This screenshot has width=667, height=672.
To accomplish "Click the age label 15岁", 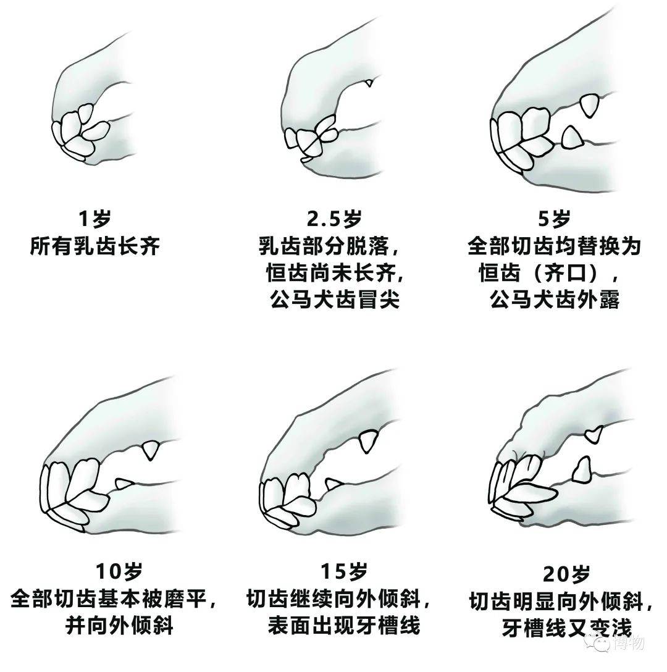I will [343, 571].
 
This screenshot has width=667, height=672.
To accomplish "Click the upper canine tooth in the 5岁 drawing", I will [591, 105].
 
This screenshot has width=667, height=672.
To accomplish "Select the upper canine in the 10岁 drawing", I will [149, 449].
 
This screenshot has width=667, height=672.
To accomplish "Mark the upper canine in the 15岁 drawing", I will [367, 441].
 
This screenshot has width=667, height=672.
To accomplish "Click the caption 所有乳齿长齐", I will [94, 246].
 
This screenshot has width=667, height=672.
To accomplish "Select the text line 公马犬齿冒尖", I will [335, 300].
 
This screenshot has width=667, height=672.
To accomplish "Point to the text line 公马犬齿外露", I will [554, 300].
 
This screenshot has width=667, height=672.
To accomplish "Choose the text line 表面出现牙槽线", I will [343, 626].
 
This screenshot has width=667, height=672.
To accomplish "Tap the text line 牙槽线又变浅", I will [567, 628].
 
